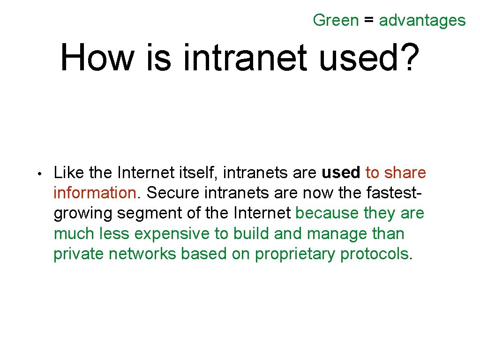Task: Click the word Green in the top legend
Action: coord(336,20)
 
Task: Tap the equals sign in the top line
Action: coord(369,21)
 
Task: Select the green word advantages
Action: coord(422,21)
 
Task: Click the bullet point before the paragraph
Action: coord(41,174)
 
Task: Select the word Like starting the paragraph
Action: coord(69,172)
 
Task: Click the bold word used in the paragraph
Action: coord(341,172)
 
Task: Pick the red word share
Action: coord(405,172)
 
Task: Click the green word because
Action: coord(328,213)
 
